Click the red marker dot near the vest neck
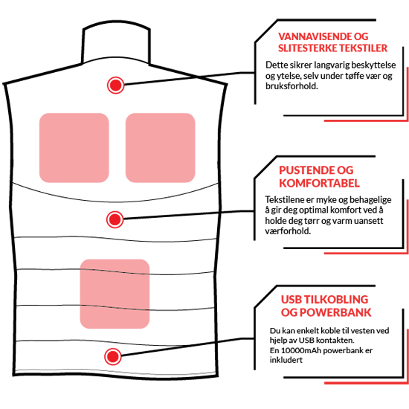click(115, 85)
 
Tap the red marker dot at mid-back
click(115, 219)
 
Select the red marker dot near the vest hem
click(113, 356)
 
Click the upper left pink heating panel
click(74, 148)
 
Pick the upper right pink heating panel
click(161, 148)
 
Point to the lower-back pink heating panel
click(115, 294)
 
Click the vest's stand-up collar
click(116, 42)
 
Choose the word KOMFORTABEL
click(319, 183)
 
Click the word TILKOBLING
click(336, 300)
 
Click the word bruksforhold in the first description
click(292, 86)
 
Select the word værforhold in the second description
click(288, 231)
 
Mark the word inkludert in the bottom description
click(286, 360)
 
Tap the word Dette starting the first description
click(277, 65)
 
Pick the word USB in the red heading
click(291, 300)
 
